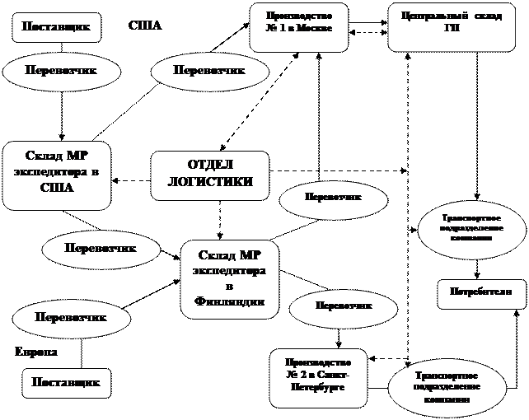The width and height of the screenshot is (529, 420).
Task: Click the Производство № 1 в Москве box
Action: point(299,27)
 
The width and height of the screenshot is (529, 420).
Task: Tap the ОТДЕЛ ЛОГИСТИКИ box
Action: point(210,175)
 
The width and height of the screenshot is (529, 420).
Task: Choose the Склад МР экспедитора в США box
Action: point(57,174)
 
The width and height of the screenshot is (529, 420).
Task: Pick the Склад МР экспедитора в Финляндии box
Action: point(230,279)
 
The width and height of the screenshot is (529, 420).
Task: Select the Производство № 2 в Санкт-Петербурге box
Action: point(318,378)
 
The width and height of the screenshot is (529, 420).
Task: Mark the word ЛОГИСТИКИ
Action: point(210,182)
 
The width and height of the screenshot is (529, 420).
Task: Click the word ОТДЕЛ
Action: point(211,166)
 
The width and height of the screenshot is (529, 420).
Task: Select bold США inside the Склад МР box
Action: point(56,187)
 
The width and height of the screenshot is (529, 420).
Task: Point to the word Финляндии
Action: point(230,301)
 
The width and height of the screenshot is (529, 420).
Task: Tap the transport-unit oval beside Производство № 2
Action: point(435,385)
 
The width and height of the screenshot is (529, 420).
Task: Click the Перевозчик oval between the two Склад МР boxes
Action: point(101,248)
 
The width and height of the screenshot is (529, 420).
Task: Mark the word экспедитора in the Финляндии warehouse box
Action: point(229,270)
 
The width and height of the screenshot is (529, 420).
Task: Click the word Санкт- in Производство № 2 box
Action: point(334,375)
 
